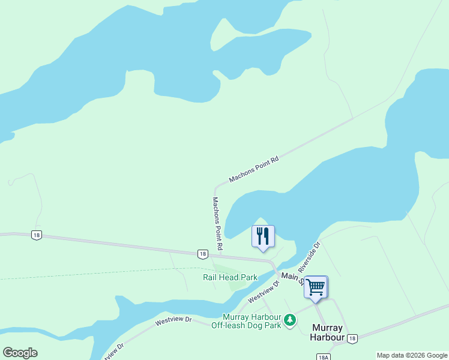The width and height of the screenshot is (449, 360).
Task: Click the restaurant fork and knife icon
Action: click(262, 236)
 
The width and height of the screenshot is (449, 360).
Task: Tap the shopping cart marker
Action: click(315, 286)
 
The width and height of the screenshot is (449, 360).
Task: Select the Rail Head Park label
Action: click(230, 277)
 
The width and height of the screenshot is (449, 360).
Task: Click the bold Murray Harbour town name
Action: click(328, 332)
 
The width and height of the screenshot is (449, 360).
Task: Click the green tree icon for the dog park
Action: click(290, 320)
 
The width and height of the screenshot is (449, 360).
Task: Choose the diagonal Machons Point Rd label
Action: click(255, 170)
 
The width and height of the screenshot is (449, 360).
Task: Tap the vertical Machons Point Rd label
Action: click(218, 223)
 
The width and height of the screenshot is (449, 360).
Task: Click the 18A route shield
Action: click(322, 356)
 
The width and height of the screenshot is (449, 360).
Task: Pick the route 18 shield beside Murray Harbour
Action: click(352, 338)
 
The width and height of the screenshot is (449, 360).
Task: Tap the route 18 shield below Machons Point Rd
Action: click(203, 254)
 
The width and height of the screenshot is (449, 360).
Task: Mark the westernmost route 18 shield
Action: click(37, 235)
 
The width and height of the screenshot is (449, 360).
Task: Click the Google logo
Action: click(20, 353)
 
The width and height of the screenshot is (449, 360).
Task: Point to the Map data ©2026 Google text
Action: click(412, 355)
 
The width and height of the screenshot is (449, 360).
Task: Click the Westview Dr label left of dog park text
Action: click(173, 321)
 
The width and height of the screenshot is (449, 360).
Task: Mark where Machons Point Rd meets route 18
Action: click(219, 256)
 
